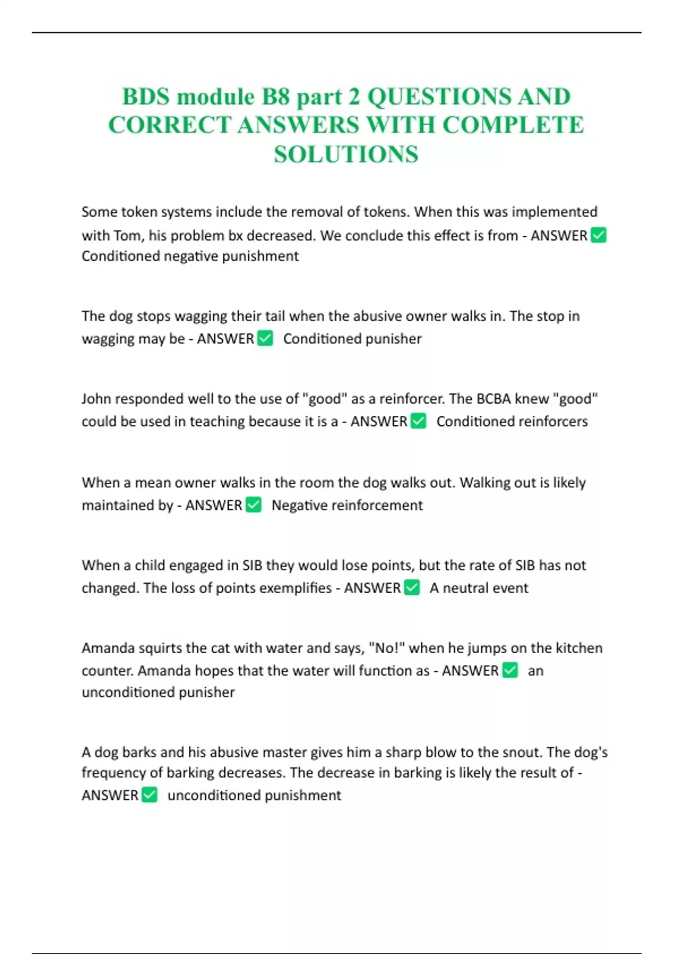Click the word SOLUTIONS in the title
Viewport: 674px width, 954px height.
pyautogui.click(x=346, y=154)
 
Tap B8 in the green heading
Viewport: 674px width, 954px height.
pyautogui.click(x=275, y=97)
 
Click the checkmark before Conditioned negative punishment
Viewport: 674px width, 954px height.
pyautogui.click(x=599, y=235)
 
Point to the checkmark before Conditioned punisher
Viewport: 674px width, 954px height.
pyautogui.click(x=265, y=338)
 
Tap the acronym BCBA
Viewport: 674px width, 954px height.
pyautogui.click(x=494, y=398)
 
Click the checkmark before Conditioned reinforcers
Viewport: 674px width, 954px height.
pyautogui.click(x=418, y=421)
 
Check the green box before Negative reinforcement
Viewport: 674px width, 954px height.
pyautogui.click(x=254, y=505)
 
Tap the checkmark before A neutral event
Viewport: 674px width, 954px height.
pyautogui.click(x=412, y=588)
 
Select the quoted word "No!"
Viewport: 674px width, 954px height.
pyautogui.click(x=386, y=648)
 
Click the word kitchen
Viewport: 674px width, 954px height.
pyautogui.click(x=579, y=648)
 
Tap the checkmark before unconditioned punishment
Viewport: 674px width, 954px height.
pyautogui.click(x=149, y=795)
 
